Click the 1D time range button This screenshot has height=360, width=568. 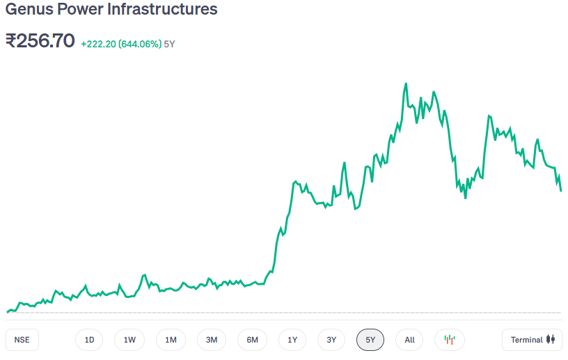(89, 340)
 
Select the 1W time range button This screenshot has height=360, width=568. (129, 340)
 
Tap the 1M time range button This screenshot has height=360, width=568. (171, 340)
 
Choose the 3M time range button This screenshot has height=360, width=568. (212, 340)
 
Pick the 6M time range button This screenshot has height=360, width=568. (252, 340)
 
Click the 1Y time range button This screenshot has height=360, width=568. (292, 340)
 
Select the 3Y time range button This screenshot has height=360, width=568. (331, 340)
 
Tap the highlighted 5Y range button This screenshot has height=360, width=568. (370, 340)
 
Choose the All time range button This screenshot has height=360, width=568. (409, 340)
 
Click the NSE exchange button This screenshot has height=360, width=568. (23, 340)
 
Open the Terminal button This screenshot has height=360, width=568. (532, 340)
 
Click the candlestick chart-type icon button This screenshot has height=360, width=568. (450, 340)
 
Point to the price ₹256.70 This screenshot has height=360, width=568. (40, 41)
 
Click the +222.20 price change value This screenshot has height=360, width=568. (98, 44)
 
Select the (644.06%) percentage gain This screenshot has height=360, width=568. (139, 44)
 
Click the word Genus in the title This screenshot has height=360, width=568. (26, 10)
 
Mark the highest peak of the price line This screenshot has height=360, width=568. (405, 84)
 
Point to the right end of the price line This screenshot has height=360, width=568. (561, 190)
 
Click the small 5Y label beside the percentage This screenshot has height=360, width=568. (169, 44)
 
